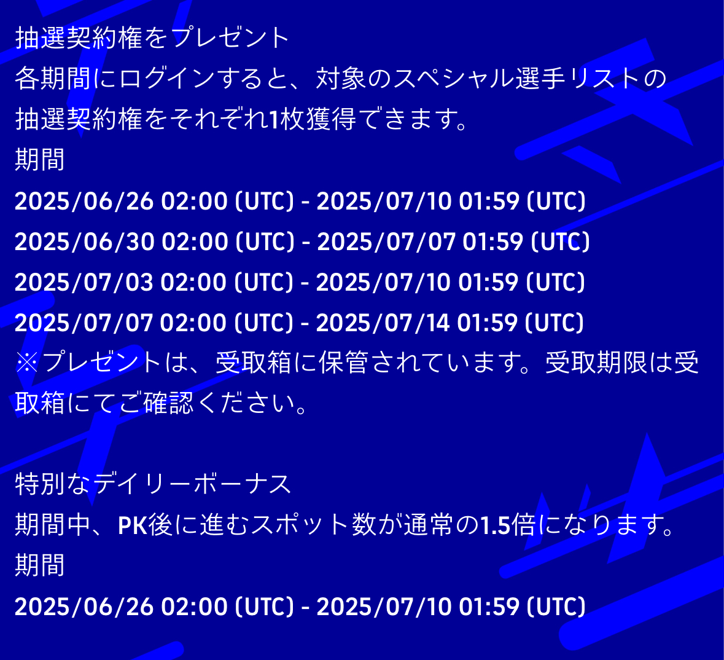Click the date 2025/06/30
[x=85, y=242]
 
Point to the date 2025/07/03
[x=84, y=283]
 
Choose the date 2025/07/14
[x=383, y=323]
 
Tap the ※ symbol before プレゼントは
[x=27, y=363]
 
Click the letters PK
[x=133, y=525]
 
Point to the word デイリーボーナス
[x=193, y=485]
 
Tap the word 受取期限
[x=596, y=363]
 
